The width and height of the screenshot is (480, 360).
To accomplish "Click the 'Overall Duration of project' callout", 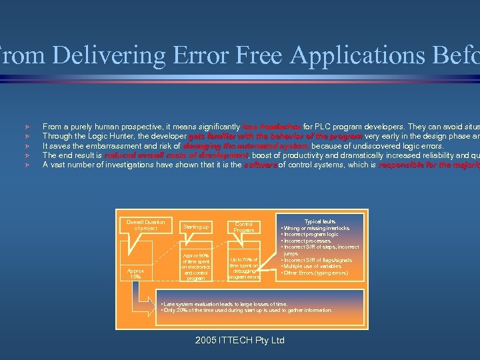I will click(x=145, y=225).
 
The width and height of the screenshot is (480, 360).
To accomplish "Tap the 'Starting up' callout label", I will click(x=195, y=227).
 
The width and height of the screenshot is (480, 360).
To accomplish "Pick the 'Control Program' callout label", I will click(x=244, y=227).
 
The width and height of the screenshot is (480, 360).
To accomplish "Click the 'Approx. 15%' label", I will click(x=137, y=274).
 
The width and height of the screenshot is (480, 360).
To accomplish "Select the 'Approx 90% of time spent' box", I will click(x=195, y=267).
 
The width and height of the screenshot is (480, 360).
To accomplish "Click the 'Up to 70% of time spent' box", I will click(x=244, y=267).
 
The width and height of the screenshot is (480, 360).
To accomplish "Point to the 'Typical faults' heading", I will click(x=320, y=221).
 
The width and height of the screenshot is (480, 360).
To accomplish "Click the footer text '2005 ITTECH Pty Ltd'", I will click(x=240, y=340).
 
